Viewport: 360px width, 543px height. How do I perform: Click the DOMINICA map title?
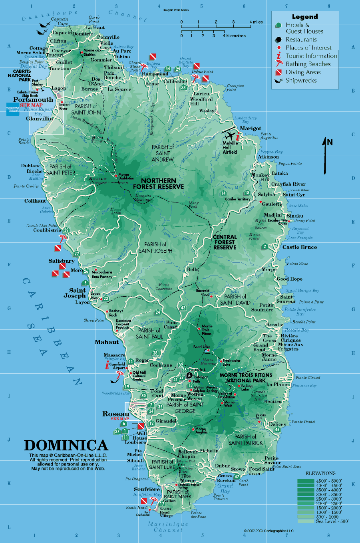click(66, 446)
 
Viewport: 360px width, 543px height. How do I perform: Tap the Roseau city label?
click(116, 414)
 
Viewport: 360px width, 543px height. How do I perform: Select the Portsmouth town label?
click(33, 99)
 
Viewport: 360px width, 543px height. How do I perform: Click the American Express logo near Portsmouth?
click(13, 109)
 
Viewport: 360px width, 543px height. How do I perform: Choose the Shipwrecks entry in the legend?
click(301, 80)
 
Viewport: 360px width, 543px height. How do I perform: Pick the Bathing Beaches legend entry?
click(308, 64)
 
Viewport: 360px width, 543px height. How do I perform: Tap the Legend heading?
click(305, 17)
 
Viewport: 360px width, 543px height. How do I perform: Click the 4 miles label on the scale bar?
click(256, 22)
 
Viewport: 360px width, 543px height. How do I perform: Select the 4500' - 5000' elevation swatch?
click(306, 481)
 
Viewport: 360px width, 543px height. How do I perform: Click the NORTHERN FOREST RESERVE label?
click(159, 184)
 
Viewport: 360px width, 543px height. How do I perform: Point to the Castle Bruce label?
click(300, 247)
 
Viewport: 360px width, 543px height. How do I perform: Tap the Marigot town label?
click(251, 128)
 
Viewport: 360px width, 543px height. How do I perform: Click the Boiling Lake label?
click(247, 388)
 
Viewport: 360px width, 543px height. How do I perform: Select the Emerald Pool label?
click(203, 293)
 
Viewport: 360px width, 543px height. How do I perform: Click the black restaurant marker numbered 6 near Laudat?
click(189, 375)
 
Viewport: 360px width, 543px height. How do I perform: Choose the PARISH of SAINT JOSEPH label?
click(155, 248)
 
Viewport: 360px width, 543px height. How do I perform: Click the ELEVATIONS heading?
click(320, 473)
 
